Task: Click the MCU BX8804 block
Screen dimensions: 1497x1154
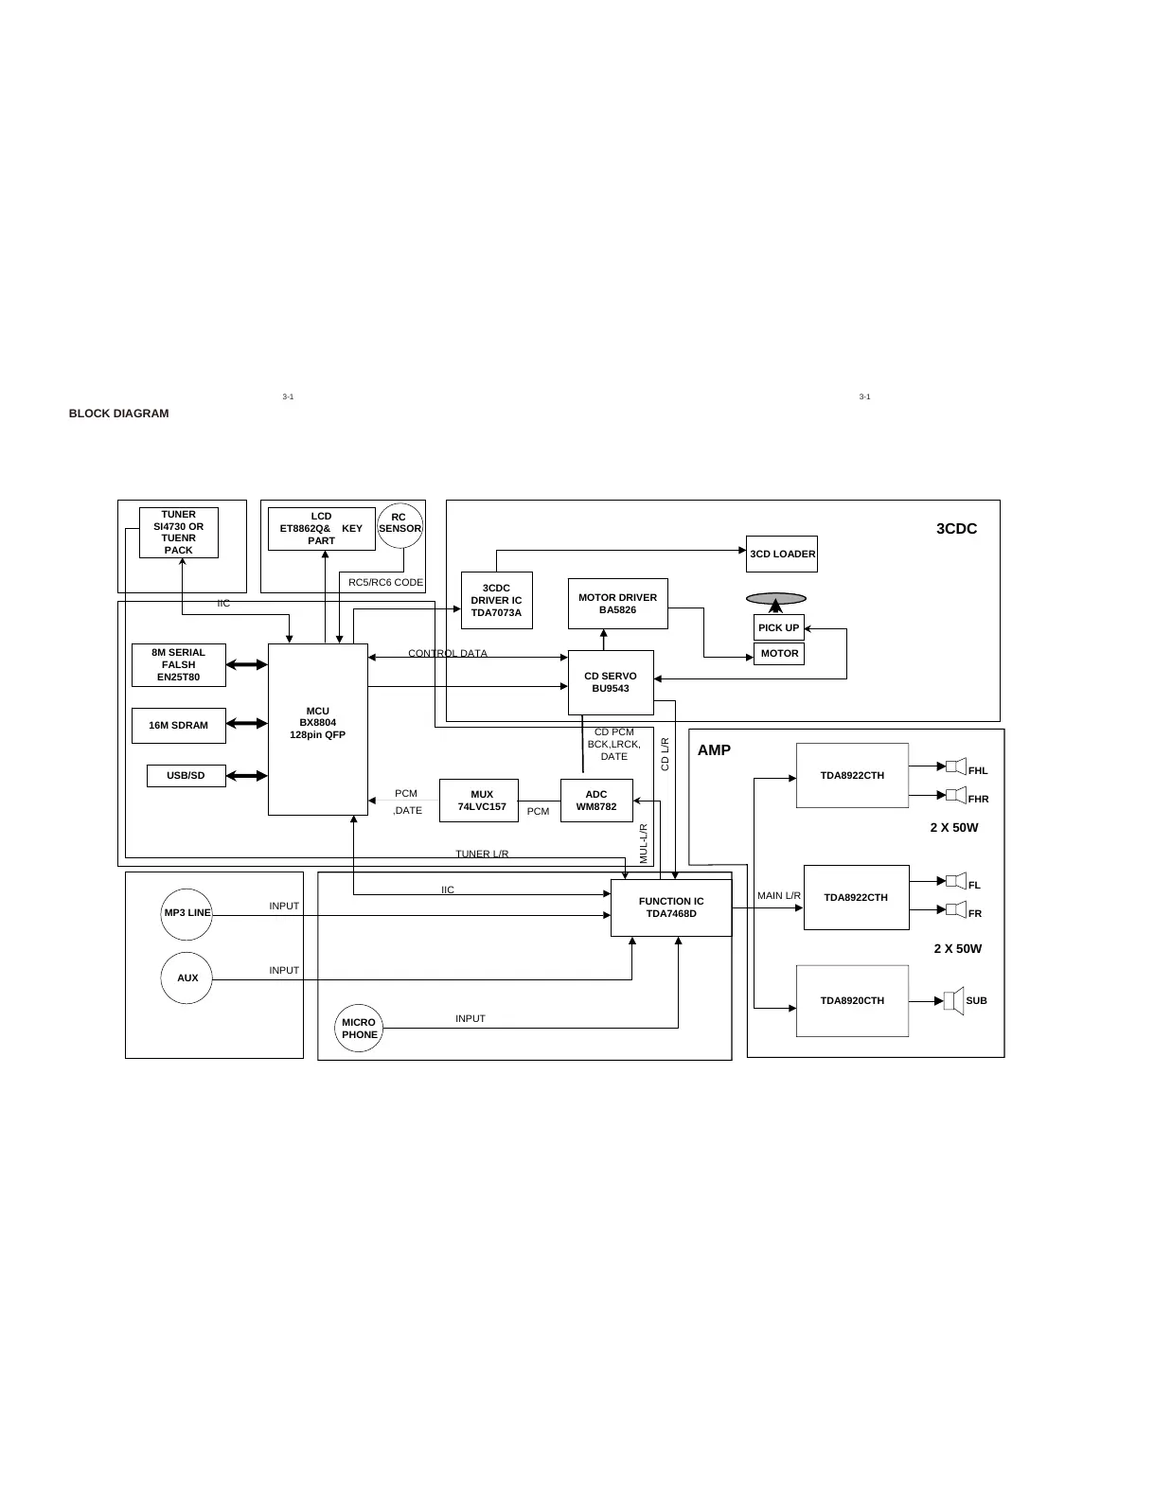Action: tap(318, 729)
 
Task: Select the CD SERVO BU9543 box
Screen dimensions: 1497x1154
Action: tap(611, 682)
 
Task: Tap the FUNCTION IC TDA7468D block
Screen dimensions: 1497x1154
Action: tap(671, 907)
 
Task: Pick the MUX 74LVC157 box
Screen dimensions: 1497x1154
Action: tap(479, 801)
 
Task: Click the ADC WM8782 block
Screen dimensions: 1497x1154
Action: tap(596, 801)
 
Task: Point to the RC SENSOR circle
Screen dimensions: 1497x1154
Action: tap(399, 524)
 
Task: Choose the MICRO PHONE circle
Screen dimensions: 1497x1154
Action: tap(359, 1029)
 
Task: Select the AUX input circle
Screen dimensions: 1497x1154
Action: tap(187, 977)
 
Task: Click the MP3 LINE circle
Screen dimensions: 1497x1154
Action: tap(186, 913)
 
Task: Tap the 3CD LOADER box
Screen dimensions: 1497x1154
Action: tap(782, 554)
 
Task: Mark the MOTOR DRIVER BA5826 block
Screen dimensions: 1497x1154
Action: tap(617, 604)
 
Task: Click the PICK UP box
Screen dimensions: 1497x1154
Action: tap(778, 627)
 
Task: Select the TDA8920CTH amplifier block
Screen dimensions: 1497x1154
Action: tap(852, 1000)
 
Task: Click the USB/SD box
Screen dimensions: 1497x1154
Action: tap(186, 776)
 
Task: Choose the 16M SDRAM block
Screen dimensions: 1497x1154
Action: tap(179, 726)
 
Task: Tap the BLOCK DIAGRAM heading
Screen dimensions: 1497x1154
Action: tap(118, 414)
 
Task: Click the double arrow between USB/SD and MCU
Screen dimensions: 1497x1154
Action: tap(247, 776)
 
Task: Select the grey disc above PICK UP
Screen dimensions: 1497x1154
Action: tap(776, 598)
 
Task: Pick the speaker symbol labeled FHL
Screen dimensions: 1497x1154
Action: tap(954, 766)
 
